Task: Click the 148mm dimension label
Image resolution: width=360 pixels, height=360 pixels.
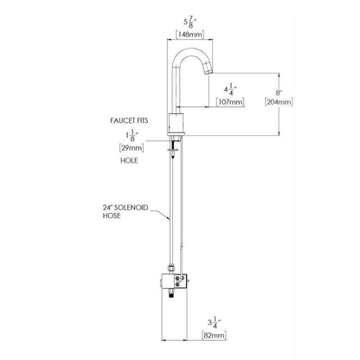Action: pyautogui.click(x=190, y=35)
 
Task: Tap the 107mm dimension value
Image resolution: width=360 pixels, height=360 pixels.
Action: pyautogui.click(x=230, y=102)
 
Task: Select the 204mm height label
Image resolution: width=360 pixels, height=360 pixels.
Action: pyautogui.click(x=279, y=102)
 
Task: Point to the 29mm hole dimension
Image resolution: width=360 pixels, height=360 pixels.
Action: pyautogui.click(x=132, y=148)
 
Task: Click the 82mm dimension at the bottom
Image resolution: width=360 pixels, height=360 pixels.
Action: pyautogui.click(x=214, y=336)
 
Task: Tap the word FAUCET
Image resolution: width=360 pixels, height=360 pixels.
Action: pyautogui.click(x=122, y=120)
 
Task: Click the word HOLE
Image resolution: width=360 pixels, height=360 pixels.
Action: pyautogui.click(x=129, y=160)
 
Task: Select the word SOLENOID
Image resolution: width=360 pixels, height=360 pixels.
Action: pyautogui.click(x=132, y=208)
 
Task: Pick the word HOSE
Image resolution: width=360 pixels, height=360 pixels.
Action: pyautogui.click(x=112, y=215)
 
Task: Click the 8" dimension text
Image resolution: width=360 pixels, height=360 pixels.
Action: pyautogui.click(x=279, y=93)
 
